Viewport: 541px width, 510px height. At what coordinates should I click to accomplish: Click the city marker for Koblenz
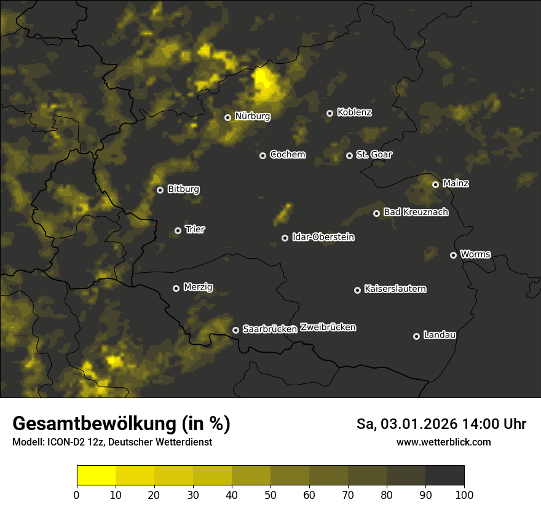tap(330, 113)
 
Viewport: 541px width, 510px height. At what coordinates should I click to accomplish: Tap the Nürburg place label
tap(252, 116)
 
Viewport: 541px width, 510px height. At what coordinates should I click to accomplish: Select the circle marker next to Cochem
tap(263, 155)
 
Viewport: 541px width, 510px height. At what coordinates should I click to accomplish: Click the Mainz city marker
tap(435, 184)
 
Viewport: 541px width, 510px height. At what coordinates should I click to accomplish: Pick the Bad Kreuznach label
tap(416, 212)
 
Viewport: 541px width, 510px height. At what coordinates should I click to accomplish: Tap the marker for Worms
tap(453, 255)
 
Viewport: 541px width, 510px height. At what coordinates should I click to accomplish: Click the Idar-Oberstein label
tap(323, 237)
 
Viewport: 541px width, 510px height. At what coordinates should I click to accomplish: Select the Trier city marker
tap(178, 231)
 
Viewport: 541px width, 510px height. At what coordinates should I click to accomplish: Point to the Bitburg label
tap(183, 189)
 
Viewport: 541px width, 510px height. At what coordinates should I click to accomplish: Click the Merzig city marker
tap(176, 288)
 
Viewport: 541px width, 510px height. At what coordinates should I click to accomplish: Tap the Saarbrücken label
tap(270, 329)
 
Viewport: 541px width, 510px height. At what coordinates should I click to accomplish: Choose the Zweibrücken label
tap(328, 328)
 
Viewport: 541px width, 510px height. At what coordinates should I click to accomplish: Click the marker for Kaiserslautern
tap(357, 290)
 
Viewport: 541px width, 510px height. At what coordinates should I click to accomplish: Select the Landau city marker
tap(416, 336)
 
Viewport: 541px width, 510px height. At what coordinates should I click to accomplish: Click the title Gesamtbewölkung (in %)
tap(121, 424)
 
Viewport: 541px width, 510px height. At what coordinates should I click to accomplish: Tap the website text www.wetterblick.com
tap(443, 442)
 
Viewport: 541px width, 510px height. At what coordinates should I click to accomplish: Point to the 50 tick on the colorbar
tap(270, 495)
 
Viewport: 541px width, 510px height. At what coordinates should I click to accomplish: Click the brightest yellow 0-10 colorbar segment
tap(96, 476)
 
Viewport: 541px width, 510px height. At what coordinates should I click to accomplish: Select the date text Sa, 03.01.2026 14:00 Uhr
tap(441, 424)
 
